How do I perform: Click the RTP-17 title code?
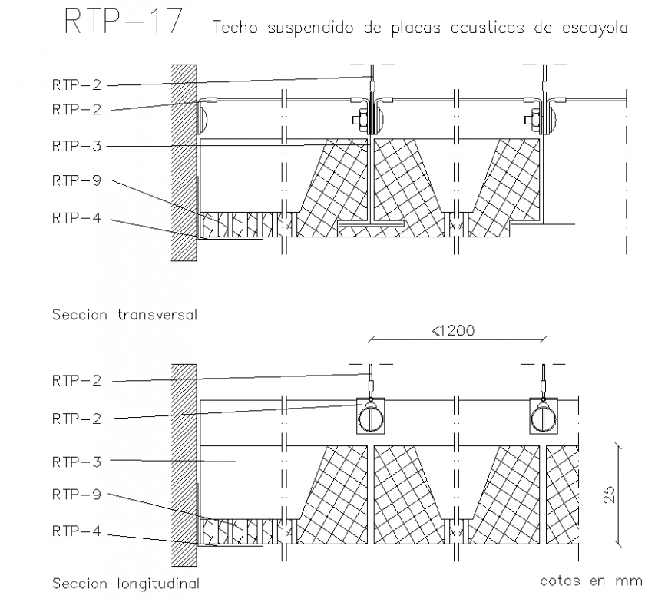[122, 22]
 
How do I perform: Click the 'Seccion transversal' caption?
[124, 313]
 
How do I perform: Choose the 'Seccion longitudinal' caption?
[125, 583]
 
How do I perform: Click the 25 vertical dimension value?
[609, 494]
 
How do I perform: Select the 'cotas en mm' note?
[590, 580]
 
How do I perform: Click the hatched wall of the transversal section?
[184, 161]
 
